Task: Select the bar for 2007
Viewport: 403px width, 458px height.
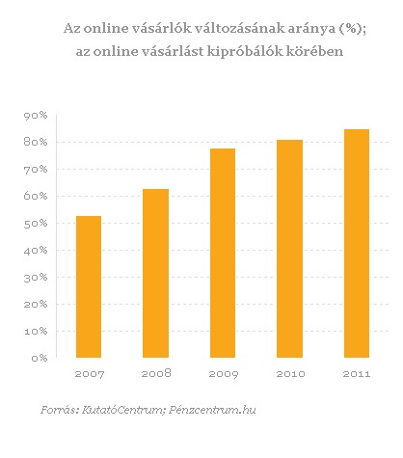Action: (89, 286)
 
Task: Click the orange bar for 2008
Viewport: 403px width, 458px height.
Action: (155, 273)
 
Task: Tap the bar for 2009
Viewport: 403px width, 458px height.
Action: (223, 253)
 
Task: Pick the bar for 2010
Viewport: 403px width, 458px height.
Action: (289, 249)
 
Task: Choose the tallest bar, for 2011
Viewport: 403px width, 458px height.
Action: (357, 243)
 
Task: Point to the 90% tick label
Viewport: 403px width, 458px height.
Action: (36, 116)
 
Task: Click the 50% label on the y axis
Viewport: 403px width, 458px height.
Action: (36, 224)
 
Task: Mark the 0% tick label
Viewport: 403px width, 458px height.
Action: (40, 358)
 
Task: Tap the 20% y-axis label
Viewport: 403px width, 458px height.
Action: (36, 304)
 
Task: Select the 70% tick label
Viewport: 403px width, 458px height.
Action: (36, 170)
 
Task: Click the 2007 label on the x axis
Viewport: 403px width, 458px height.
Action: (90, 374)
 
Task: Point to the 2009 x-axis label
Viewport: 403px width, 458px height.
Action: (224, 374)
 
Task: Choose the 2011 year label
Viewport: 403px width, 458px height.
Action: (357, 374)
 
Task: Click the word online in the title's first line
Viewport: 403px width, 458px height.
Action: (103, 29)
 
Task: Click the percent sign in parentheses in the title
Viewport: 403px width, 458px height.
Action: (348, 29)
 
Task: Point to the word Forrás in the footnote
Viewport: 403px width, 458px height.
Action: (60, 410)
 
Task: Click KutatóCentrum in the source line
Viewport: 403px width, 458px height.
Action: (123, 410)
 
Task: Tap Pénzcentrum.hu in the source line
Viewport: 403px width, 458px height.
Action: (212, 410)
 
